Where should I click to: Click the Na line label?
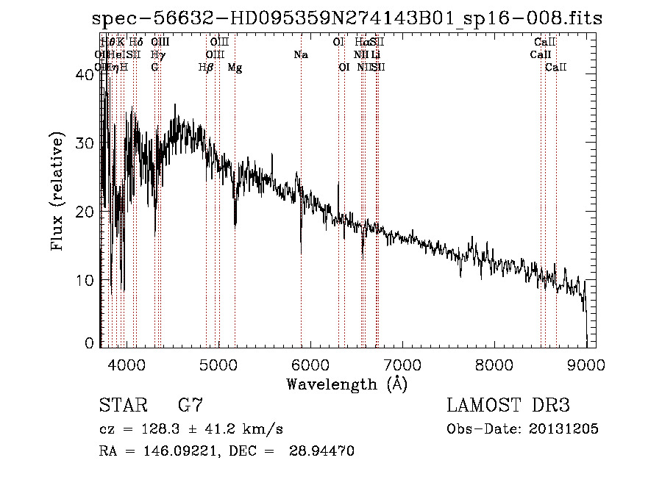[300, 55]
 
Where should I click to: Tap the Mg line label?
[235, 68]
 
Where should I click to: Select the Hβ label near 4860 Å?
[206, 68]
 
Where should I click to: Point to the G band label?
[154, 68]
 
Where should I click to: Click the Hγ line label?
[157, 55]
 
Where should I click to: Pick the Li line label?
[375, 55]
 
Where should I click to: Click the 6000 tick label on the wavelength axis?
[310, 364]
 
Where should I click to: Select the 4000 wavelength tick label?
[126, 364]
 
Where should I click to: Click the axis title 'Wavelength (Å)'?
[346, 384]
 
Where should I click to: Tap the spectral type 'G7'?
[191, 405]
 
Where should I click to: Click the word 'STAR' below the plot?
[124, 405]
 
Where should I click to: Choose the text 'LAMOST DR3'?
[508, 405]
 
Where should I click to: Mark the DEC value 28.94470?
[324, 451]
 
